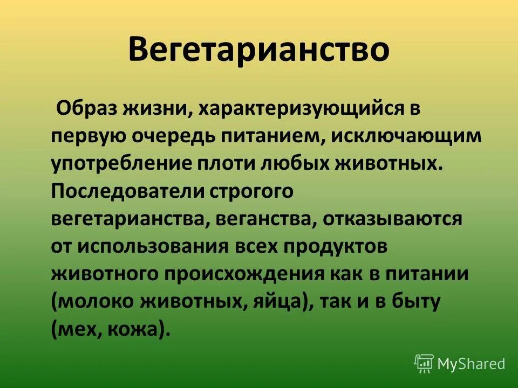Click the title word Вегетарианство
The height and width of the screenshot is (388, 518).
click(258, 51)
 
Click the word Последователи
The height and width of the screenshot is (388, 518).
click(125, 191)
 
